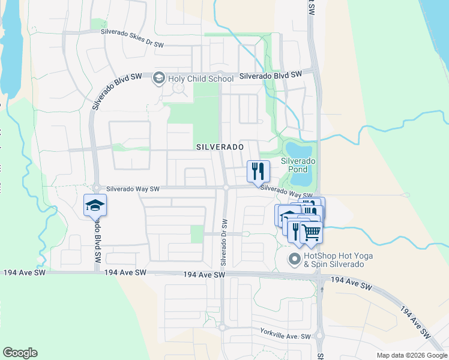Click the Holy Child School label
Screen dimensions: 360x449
pos(201,79)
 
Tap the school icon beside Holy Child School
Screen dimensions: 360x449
pos(159,77)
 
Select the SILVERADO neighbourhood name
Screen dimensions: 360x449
pos(220,147)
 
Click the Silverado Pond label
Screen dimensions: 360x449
pos(298,166)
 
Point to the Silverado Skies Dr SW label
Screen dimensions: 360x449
pos(132,37)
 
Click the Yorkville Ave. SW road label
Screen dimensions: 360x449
pos(286,332)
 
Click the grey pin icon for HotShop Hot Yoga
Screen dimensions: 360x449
pos(294,260)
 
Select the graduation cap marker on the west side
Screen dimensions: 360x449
pos(95,205)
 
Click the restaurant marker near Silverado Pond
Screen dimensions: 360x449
pos(258,171)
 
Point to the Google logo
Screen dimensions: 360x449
pos(20,353)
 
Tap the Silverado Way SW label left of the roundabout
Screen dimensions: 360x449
pos(133,189)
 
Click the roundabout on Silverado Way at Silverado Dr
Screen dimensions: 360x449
pos(226,188)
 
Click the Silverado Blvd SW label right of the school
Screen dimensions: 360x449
pos(270,75)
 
